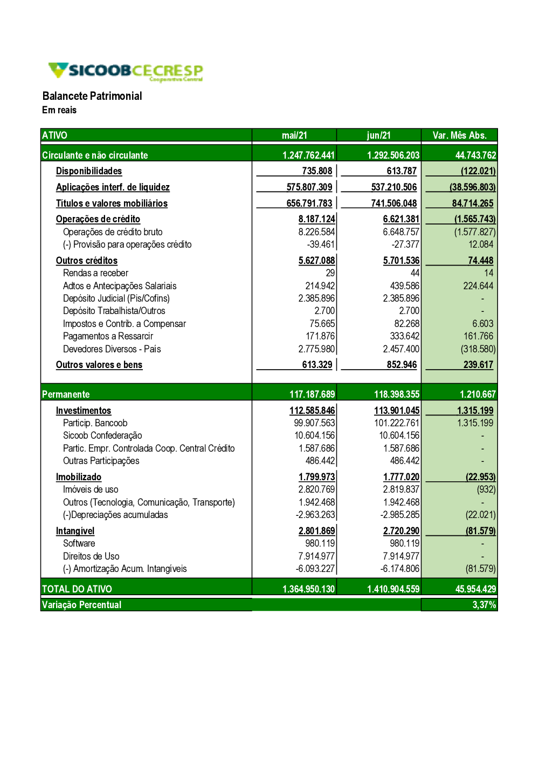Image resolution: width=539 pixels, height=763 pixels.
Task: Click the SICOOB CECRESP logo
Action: click(126, 71)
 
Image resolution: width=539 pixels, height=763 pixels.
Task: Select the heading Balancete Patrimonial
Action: click(92, 96)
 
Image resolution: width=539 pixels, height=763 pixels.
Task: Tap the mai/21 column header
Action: click(294, 135)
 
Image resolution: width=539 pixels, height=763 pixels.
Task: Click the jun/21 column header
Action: click(379, 135)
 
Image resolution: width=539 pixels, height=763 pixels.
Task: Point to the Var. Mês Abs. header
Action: click(459, 135)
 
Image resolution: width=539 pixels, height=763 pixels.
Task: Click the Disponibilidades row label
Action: click(89, 171)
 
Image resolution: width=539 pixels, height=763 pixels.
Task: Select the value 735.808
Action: click(317, 171)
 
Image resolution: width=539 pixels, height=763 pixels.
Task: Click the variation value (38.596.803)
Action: click(472, 187)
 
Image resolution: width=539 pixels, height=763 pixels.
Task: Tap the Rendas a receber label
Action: click(95, 273)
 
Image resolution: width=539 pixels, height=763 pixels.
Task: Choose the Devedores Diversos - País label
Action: click(112, 349)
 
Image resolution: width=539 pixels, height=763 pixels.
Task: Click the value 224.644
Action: click(478, 286)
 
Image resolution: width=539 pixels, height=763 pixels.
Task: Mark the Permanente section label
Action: click(66, 394)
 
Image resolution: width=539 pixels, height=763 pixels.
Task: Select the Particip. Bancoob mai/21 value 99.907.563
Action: click(314, 423)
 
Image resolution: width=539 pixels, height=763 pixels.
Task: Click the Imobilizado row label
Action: click(79, 477)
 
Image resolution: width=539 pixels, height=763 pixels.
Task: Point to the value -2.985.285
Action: click(399, 515)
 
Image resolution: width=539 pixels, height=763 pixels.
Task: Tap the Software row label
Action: click(79, 543)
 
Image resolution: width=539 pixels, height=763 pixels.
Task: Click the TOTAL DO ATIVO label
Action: click(77, 589)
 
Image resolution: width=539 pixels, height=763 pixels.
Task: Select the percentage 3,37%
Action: click(484, 605)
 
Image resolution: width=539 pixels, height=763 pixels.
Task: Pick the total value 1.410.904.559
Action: click(393, 589)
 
